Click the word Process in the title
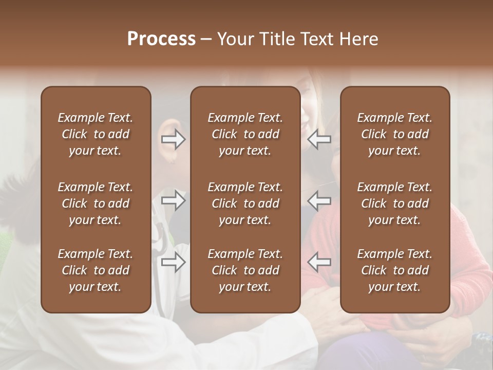coord(161,39)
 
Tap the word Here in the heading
coord(359,39)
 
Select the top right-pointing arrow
coord(173,139)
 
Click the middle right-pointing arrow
coord(173,200)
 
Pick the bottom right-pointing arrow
coord(173,262)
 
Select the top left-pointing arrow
coord(319,139)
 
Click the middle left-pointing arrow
coord(319,200)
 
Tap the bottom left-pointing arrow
coord(319,262)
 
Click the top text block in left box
coord(96,134)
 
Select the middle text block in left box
coord(96,203)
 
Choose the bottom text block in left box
coord(96,270)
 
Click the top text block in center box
coord(245,134)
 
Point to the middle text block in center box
coord(245,203)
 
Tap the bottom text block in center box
coord(245,270)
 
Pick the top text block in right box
coord(394,134)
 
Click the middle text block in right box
coord(394,203)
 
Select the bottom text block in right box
coord(394,270)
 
